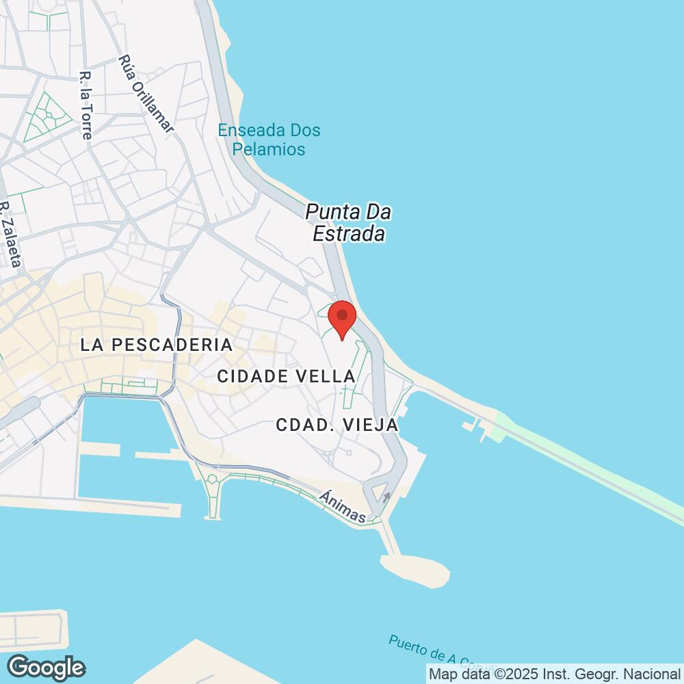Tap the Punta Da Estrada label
coord(348,223)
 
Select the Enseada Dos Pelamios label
coord(269,140)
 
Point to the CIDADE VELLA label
coord(286,376)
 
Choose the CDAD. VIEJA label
coord(337,425)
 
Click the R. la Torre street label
coord(85,105)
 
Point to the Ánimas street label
coord(342,507)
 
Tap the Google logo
coord(46,667)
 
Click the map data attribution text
coord(555,674)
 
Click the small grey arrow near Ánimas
coord(388,497)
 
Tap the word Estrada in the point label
coord(350,235)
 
